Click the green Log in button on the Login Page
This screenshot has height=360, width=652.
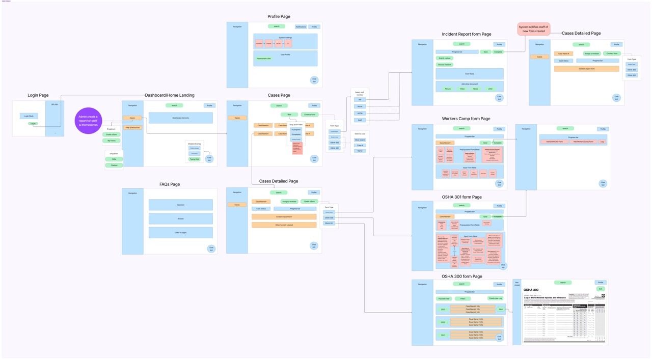coord(33,123)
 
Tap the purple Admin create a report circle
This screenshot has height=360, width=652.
coord(88,121)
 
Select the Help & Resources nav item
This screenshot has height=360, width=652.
coord(132,127)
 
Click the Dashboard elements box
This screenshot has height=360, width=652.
coord(180,118)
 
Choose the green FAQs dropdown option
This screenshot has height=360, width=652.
coord(114,159)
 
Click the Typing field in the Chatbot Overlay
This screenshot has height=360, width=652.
coord(195,159)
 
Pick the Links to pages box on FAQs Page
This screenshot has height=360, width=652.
coord(180,232)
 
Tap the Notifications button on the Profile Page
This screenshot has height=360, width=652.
coord(301,26)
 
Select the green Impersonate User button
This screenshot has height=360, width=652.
coord(263,59)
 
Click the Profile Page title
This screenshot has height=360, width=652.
coord(279,16)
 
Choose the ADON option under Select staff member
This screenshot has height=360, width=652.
coord(360,113)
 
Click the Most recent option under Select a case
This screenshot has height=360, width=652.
coord(360,140)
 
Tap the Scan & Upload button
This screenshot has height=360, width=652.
coord(444,58)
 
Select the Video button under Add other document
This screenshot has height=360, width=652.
coord(462,89)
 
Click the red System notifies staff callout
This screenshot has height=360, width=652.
coord(533,29)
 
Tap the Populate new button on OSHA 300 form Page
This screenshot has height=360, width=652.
coord(444,298)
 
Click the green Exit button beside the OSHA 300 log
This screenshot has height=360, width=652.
coord(601,289)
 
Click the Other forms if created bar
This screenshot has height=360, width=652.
coord(284,225)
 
